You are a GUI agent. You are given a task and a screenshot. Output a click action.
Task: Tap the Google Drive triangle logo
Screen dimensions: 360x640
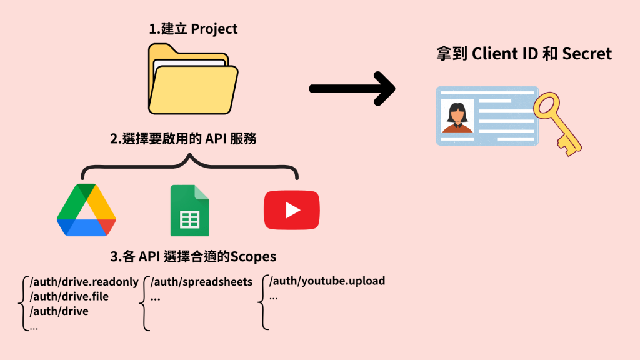coord(86,211)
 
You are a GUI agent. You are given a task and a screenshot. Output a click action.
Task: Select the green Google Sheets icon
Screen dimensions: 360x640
coord(189,211)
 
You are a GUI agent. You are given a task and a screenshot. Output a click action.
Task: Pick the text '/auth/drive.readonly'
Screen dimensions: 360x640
coord(84,282)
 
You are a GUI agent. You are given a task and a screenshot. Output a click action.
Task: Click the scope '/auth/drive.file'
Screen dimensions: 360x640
coord(69,296)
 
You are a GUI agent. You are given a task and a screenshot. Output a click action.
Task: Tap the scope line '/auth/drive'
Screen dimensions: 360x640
coord(59,311)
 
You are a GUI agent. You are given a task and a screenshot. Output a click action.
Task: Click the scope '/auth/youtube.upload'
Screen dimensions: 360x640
coord(327,281)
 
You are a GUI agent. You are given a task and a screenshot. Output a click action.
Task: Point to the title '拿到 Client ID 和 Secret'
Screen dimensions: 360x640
coord(524,54)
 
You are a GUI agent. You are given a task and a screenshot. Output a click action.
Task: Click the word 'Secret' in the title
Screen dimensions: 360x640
coord(587,54)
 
